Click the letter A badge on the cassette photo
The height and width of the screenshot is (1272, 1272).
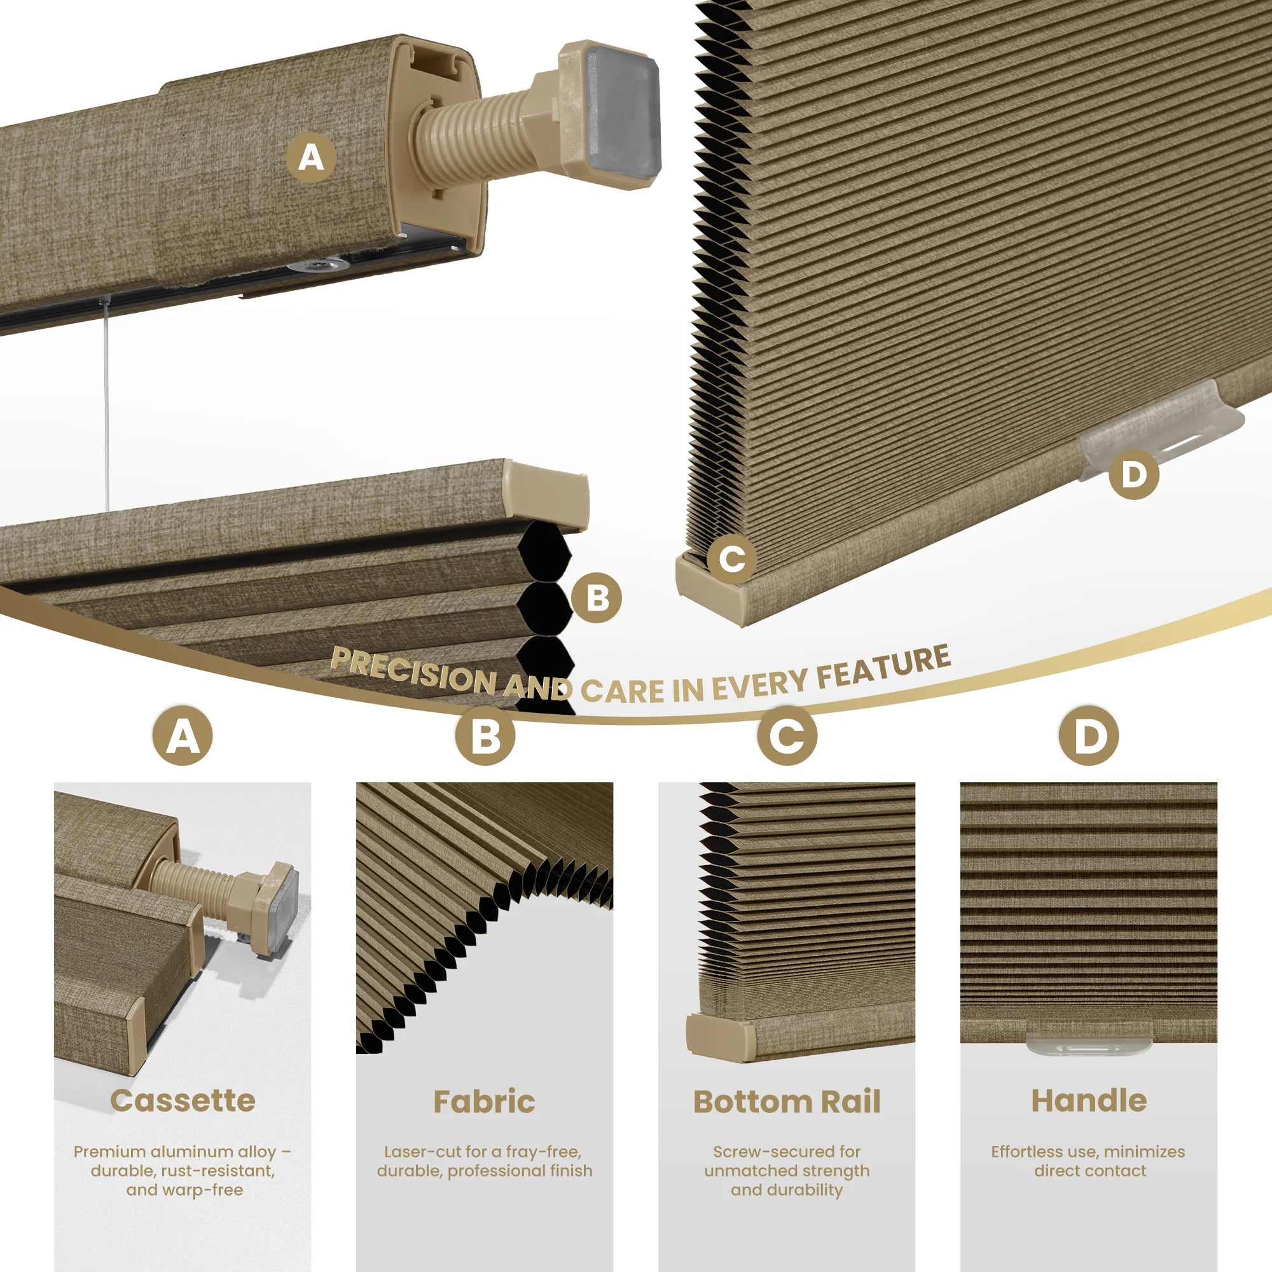[x=311, y=158]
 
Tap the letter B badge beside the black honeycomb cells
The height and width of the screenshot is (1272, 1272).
[x=597, y=598]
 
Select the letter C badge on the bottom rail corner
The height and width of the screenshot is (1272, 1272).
[x=731, y=559]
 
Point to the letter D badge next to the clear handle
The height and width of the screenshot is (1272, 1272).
[x=1133, y=474]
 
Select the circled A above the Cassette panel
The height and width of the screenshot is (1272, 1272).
[x=183, y=735]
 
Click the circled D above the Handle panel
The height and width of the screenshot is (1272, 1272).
[x=1088, y=735]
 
